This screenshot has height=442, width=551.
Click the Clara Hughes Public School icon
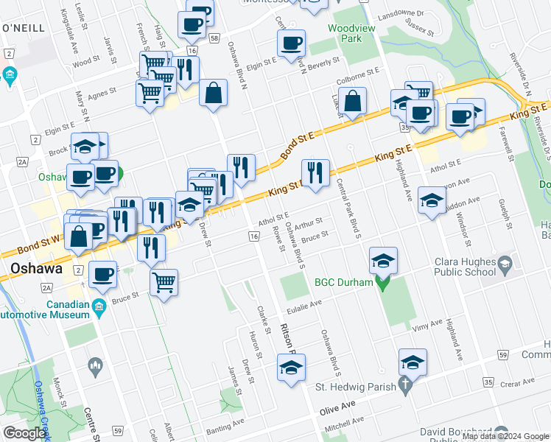click(505, 264)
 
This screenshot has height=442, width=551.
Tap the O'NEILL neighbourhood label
click(24, 27)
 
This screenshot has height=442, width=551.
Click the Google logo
click(24, 433)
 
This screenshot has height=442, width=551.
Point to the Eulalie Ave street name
click(305, 303)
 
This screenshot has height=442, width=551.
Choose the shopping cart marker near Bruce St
click(164, 281)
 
